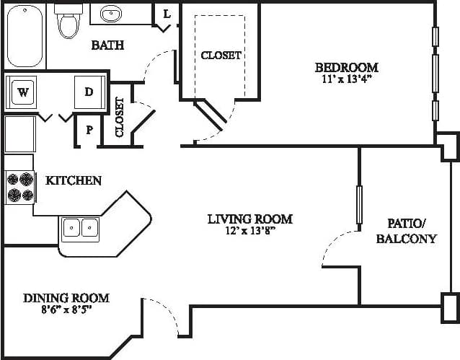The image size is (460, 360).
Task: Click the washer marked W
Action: pyautogui.click(x=23, y=92)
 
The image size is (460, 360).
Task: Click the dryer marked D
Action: pyautogui.click(x=89, y=92)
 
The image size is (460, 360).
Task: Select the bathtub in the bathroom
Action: pyautogui.click(x=24, y=36)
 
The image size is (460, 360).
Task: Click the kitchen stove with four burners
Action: pyautogui.click(x=19, y=187)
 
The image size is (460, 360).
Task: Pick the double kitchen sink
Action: pyautogui.click(x=80, y=227)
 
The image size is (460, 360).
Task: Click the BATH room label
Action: pyautogui.click(x=107, y=45)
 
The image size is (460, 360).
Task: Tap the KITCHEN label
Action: pyautogui.click(x=74, y=180)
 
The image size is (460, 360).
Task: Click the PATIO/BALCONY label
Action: pyautogui.click(x=406, y=231)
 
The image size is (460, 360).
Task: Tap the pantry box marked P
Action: pyautogui.click(x=89, y=131)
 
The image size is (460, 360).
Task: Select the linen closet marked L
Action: pyautogui.click(x=167, y=14)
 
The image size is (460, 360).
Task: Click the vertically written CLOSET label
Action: pyautogui.click(x=120, y=117)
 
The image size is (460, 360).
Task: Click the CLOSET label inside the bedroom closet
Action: pyautogui.click(x=221, y=55)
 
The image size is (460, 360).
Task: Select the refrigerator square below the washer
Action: pyautogui.click(x=19, y=133)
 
